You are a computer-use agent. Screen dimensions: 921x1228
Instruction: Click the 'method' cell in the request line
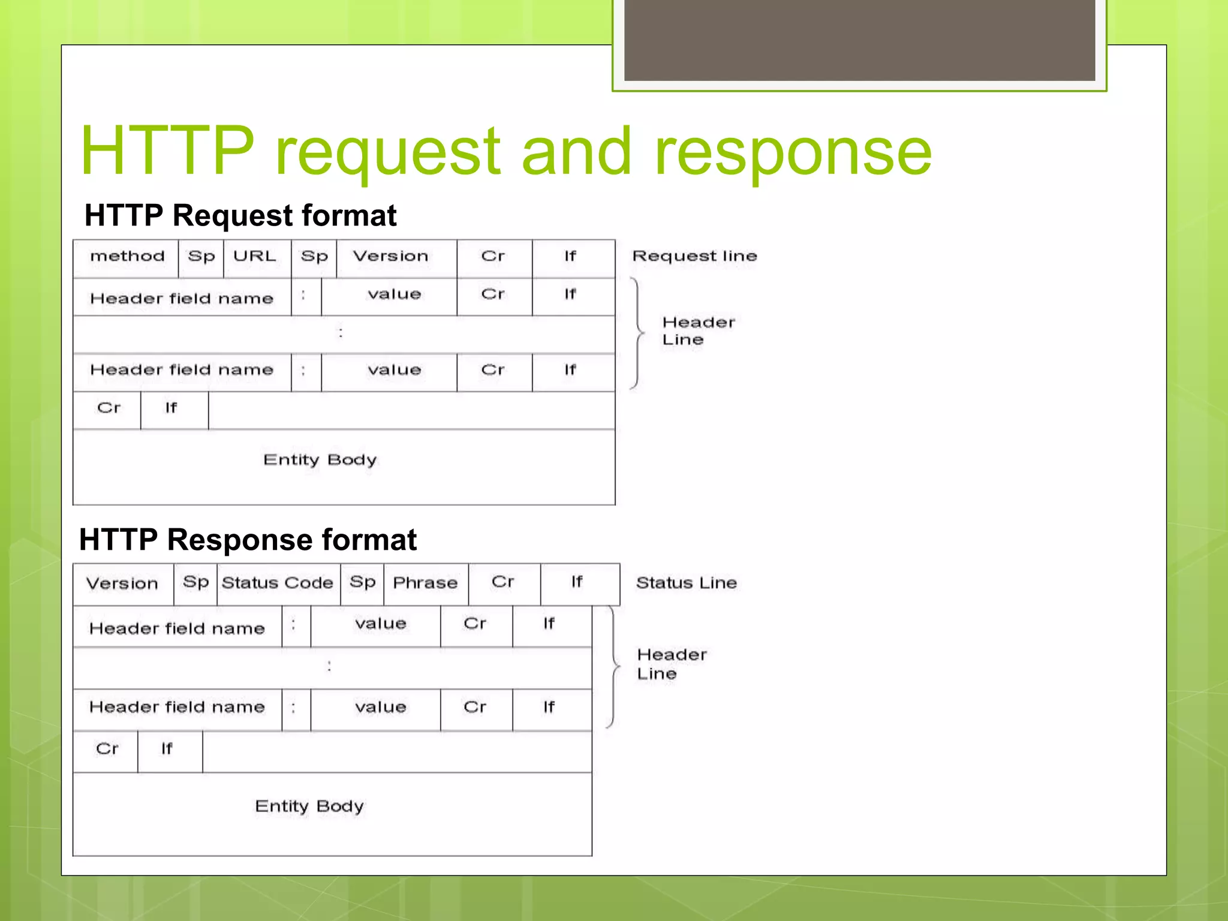pos(127,257)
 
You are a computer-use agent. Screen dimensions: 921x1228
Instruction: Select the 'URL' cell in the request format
pos(255,257)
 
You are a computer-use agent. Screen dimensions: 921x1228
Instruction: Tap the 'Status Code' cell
pos(277,583)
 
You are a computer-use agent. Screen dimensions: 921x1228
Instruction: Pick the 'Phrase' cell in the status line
pos(425,583)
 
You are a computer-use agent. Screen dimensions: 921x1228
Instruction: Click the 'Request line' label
pos(694,257)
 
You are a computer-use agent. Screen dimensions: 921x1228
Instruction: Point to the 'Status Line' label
pos(686,583)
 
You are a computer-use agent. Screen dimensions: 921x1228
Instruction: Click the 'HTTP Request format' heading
pos(240,215)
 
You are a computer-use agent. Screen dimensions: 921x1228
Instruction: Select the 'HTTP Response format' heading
pos(248,540)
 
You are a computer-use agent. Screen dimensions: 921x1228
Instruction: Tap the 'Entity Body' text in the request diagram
pos(320,460)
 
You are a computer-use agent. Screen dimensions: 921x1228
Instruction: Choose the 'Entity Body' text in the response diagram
pos(309,806)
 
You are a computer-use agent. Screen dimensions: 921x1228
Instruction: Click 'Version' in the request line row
pos(390,257)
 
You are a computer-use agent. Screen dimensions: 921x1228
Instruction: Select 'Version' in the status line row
pos(122,583)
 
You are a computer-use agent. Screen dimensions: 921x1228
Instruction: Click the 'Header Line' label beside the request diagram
pos(698,331)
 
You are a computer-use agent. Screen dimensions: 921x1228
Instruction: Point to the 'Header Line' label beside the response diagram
pos(672,664)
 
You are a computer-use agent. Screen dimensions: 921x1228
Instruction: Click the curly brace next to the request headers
pos(637,333)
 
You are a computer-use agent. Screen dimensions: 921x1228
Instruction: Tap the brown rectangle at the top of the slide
pos(859,40)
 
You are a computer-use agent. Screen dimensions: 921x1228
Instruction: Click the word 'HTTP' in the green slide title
pos(167,151)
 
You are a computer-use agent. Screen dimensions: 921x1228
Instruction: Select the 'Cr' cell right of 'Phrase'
pos(503,582)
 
